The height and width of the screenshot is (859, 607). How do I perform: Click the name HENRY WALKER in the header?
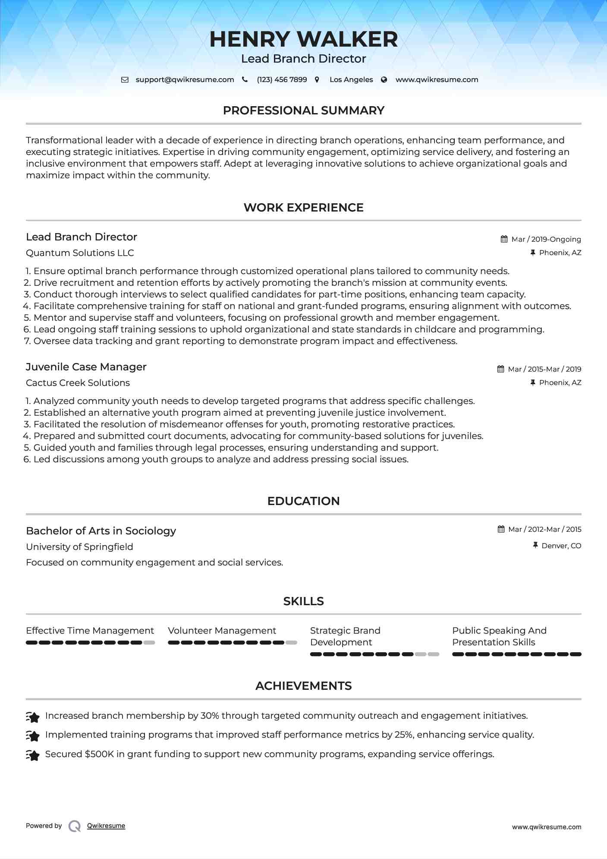tap(303, 39)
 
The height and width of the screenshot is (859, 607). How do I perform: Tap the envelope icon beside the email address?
tap(125, 80)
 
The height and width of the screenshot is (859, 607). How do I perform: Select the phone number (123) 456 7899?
tap(282, 80)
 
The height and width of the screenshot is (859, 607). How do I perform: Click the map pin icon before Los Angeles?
tap(317, 80)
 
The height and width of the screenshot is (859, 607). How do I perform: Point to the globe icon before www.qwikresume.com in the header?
tap(384, 80)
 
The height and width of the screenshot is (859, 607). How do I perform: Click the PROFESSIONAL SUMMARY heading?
tap(303, 111)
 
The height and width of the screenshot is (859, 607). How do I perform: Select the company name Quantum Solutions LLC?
tap(80, 253)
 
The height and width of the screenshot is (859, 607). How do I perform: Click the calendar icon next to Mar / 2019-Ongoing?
tap(504, 239)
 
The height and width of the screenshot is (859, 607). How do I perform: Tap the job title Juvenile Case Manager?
tap(86, 367)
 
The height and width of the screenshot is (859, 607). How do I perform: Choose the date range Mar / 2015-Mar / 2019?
tap(544, 369)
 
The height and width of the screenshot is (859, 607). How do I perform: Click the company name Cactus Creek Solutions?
tap(78, 383)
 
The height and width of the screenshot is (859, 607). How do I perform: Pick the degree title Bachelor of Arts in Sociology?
tap(101, 531)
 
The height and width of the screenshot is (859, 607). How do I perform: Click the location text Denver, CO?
tap(561, 546)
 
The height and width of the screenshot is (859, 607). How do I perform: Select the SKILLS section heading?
tap(303, 601)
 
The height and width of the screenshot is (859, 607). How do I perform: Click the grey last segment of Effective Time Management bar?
tap(149, 643)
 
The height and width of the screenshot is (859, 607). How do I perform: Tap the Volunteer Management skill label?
tap(222, 631)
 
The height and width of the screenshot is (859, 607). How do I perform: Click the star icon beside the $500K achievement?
tap(33, 755)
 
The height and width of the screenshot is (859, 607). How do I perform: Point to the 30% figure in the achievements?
tap(210, 716)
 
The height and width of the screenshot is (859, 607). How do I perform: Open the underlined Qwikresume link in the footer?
tap(106, 826)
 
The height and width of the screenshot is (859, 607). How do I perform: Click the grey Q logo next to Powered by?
tap(75, 826)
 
